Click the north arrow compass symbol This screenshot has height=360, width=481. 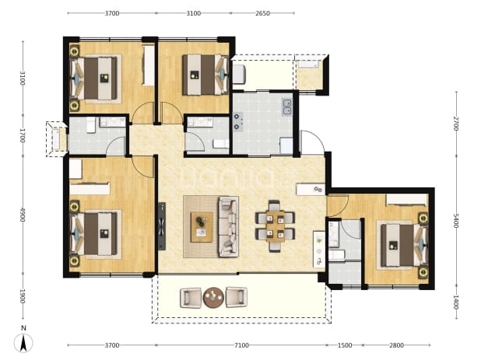(23, 343)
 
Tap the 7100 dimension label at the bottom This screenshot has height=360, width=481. (241, 345)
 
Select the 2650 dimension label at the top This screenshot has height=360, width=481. (262, 13)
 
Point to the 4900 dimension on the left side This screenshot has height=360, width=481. (23, 215)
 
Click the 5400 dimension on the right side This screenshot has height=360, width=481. (456, 221)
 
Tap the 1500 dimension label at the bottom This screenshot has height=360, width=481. (345, 345)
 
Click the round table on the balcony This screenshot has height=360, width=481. (213, 297)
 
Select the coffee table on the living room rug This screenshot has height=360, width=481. (202, 227)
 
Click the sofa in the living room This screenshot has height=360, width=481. (229, 226)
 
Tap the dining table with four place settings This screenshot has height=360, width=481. (276, 226)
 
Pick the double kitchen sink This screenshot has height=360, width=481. (287, 107)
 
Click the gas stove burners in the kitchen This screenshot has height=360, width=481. (237, 121)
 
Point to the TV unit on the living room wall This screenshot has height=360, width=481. (162, 226)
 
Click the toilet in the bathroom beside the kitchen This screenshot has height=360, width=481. (221, 144)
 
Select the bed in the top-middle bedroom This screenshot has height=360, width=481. (205, 75)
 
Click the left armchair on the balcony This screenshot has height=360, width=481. (191, 297)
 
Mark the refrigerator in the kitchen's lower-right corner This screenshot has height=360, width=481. (286, 146)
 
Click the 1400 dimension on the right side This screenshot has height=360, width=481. (456, 302)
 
